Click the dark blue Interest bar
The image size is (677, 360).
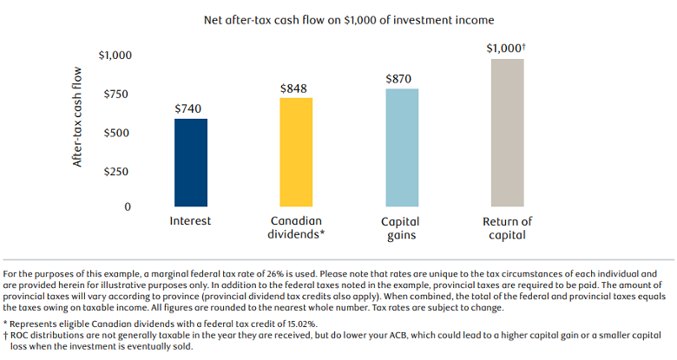[x=191, y=162]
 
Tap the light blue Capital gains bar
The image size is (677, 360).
[x=401, y=147]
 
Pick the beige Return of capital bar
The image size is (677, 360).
[x=507, y=132]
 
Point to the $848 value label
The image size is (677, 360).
[x=293, y=88]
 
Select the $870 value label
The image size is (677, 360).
[x=399, y=79]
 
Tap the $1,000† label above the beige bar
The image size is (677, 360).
[x=506, y=49]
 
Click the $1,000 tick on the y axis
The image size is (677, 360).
[x=115, y=56]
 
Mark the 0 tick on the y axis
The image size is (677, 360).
[x=127, y=207]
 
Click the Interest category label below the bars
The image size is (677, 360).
[x=190, y=221]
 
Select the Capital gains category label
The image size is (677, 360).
[x=400, y=227]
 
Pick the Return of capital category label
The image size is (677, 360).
[x=507, y=227]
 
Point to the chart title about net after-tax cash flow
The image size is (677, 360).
[x=337, y=18]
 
